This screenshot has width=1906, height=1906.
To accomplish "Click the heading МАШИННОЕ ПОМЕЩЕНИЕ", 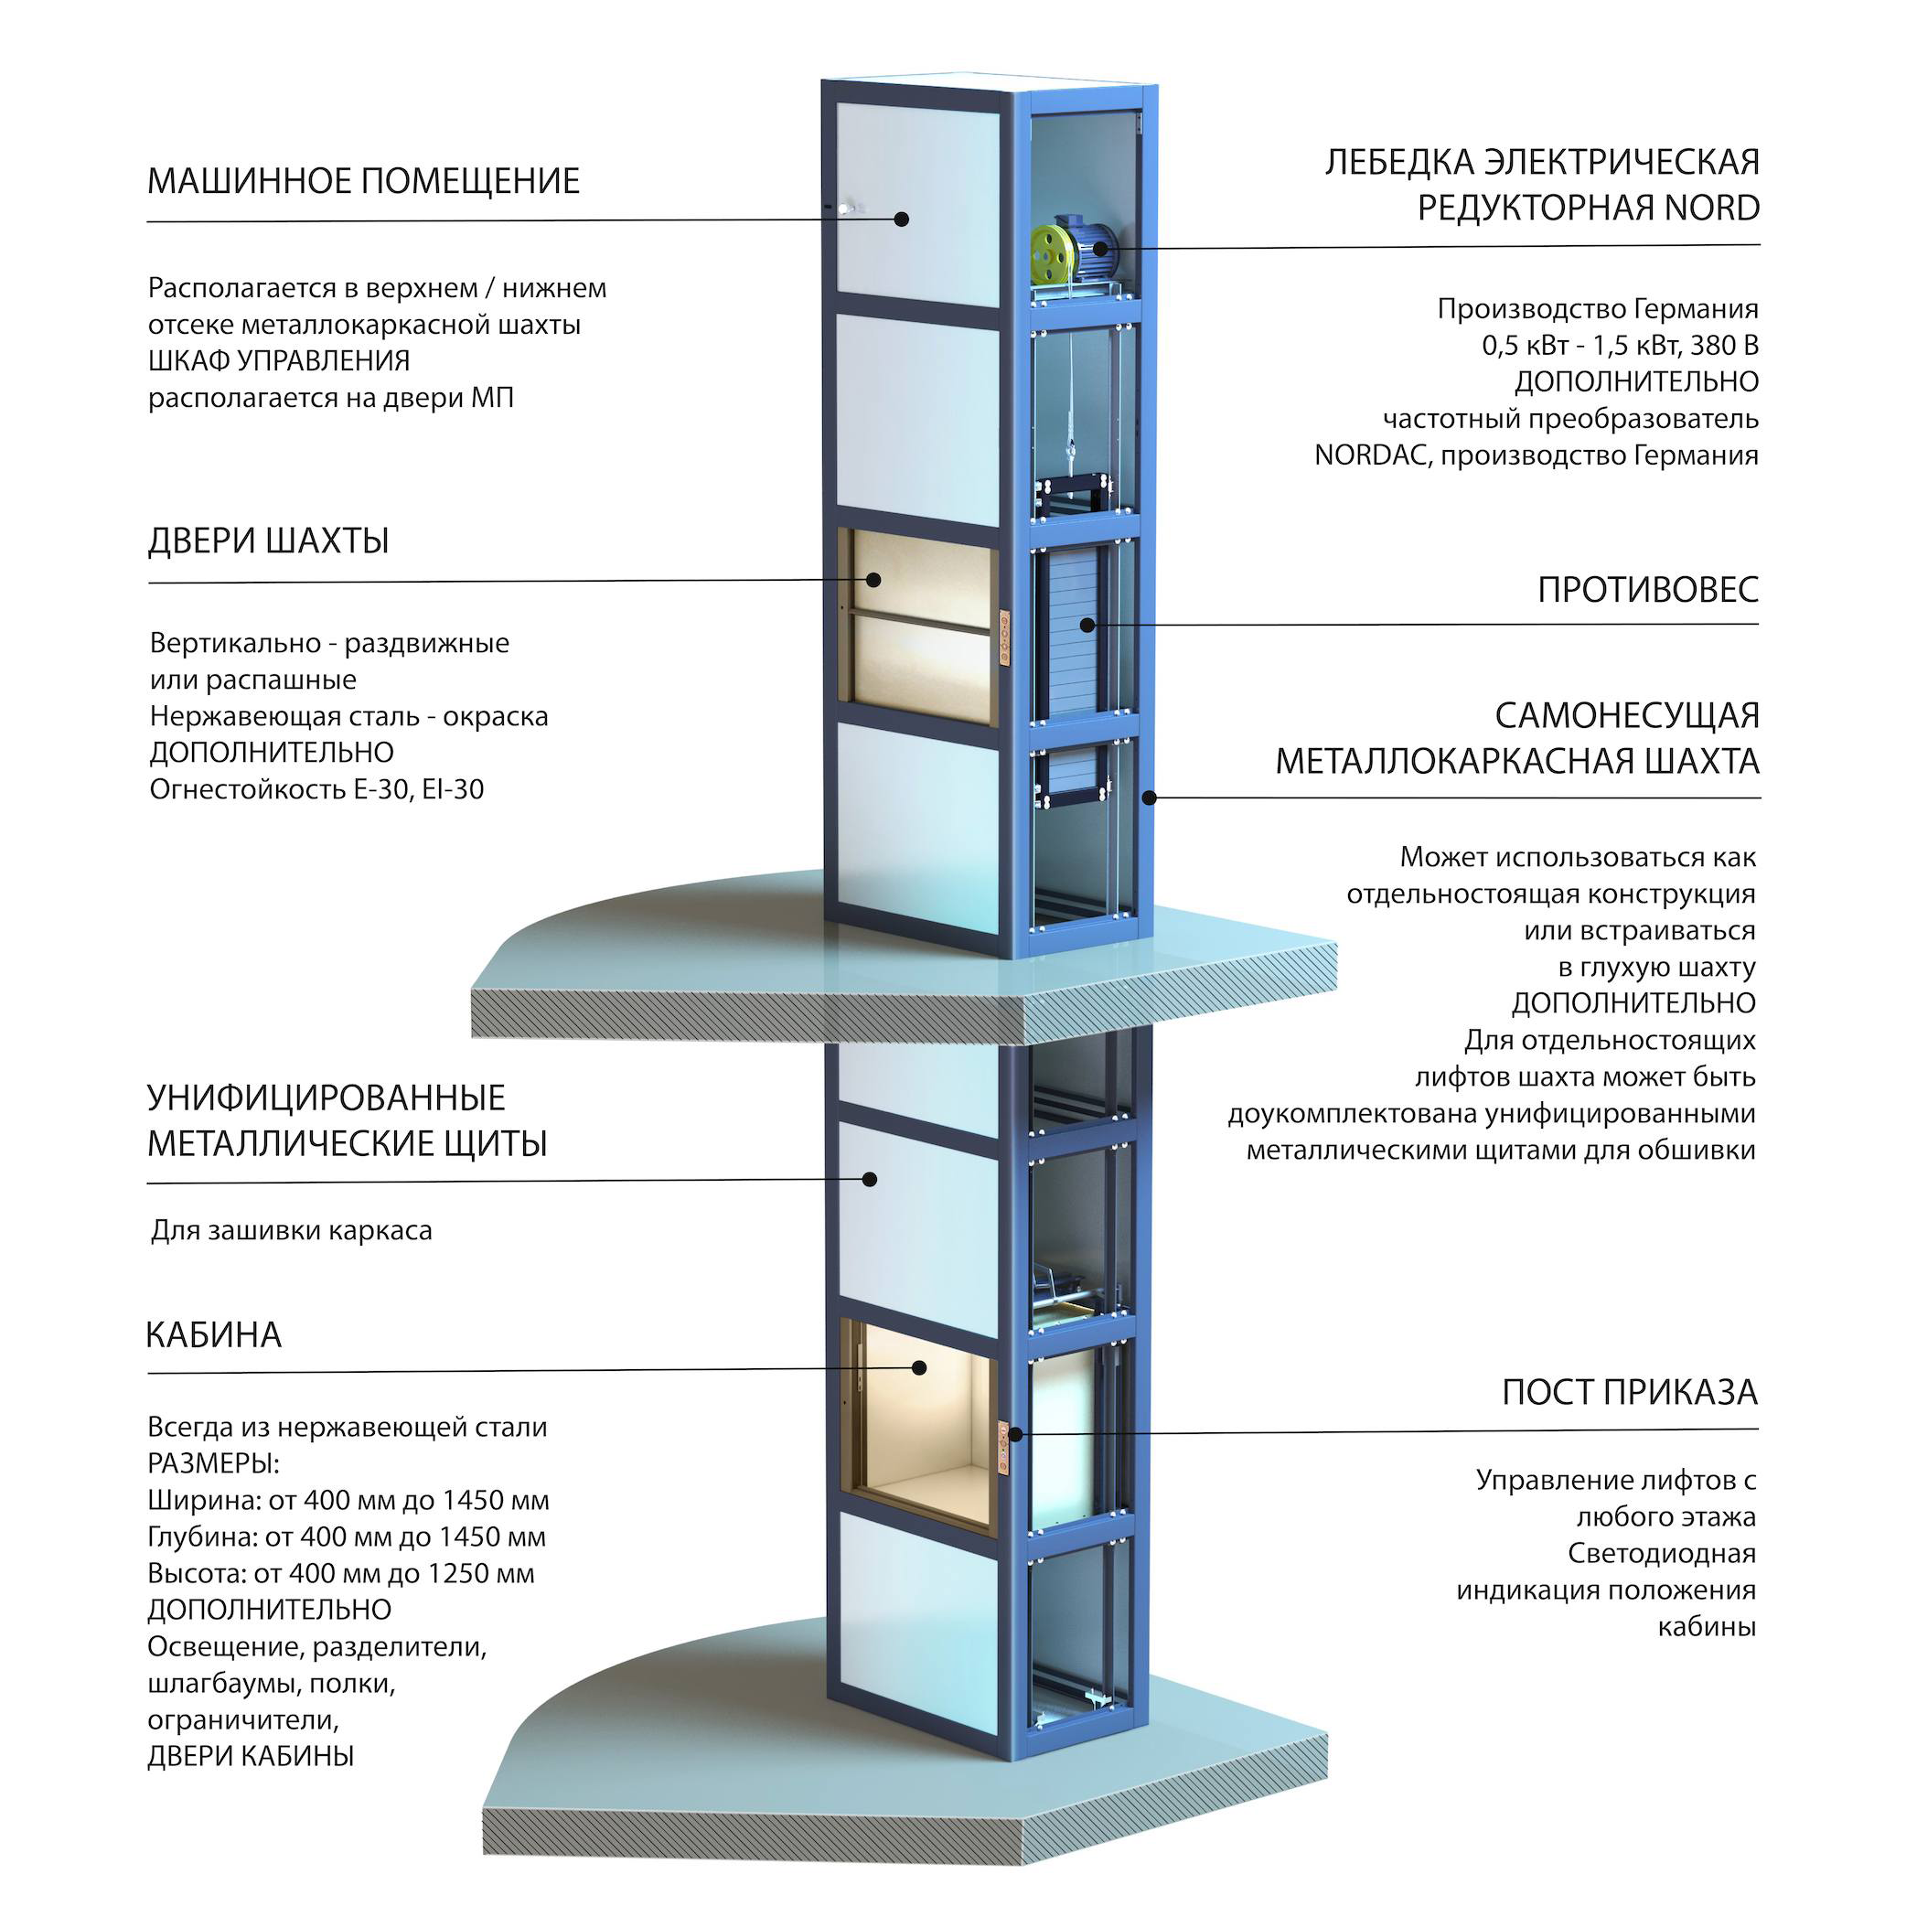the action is [x=363, y=181].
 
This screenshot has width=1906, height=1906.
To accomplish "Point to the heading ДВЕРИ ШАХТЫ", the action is [x=268, y=541].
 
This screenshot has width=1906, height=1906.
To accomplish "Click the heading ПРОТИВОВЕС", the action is [x=1647, y=590].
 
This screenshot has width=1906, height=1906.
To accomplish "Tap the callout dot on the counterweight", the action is [x=1087, y=625].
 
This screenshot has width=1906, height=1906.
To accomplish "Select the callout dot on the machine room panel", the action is [x=901, y=219].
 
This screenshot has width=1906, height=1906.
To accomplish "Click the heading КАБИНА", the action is [x=214, y=1334].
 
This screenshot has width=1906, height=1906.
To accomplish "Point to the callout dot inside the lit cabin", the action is [x=919, y=1367].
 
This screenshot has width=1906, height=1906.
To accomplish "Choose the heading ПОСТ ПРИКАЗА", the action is [x=1630, y=1393].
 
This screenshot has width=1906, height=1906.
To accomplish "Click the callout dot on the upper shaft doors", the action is [x=874, y=580].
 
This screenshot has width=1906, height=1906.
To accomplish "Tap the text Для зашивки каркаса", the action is [x=291, y=1231].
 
